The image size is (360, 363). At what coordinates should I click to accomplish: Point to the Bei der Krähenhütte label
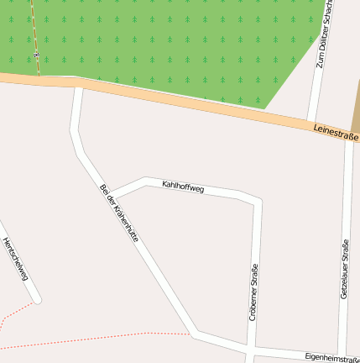(118, 213)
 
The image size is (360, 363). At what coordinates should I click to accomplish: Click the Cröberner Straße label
(253, 292)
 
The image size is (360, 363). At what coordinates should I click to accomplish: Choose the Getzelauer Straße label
(344, 270)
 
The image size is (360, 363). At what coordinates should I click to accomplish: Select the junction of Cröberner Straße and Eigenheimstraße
(251, 347)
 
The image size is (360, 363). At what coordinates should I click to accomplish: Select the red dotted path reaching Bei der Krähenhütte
(101, 339)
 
